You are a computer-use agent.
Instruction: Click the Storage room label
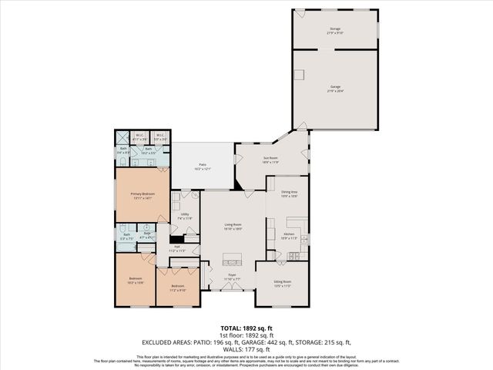[x=335, y=29]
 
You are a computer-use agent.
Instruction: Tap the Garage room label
[x=335, y=89]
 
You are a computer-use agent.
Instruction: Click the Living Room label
[x=233, y=227]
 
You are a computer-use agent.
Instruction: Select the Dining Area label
[x=288, y=194]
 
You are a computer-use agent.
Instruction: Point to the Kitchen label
[x=288, y=237]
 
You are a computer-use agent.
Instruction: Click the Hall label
[x=177, y=248]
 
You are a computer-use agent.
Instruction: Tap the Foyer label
[x=231, y=276]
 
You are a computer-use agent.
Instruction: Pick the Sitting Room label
[x=282, y=284]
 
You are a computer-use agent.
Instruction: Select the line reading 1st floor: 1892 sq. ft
[x=246, y=335]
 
